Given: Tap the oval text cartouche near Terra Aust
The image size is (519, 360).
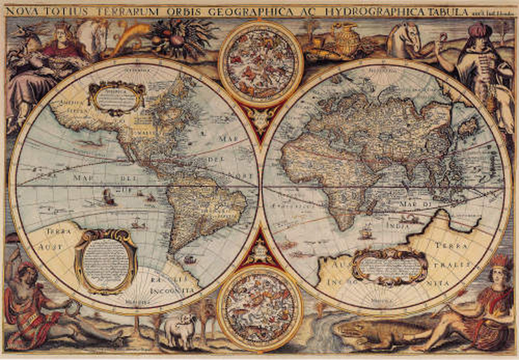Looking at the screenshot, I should pos(106,259).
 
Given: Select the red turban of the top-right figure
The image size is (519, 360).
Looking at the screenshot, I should pos(477,29).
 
